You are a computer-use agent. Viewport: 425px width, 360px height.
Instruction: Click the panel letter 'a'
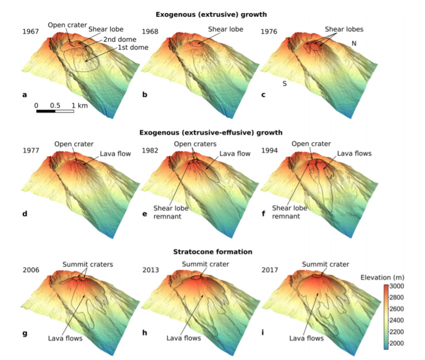(x=24, y=95)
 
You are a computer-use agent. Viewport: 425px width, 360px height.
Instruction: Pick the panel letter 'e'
(x=144, y=214)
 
